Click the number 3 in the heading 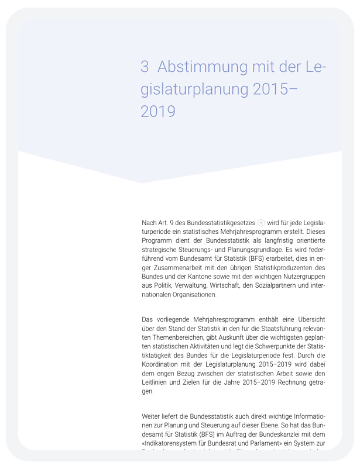145,67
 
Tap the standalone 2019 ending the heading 158,111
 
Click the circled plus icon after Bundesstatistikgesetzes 261,223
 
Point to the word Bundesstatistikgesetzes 218,223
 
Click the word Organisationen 190,295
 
